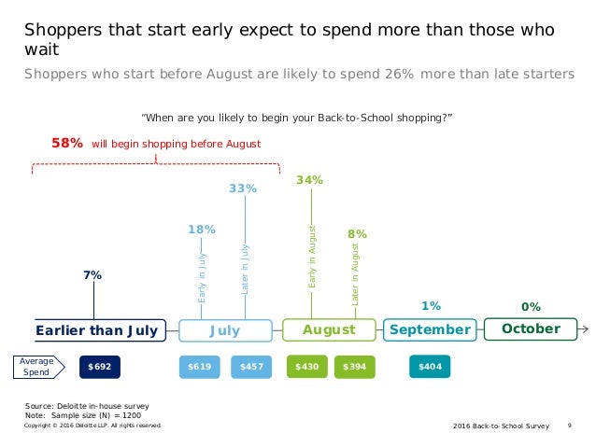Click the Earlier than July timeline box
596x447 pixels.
(96, 330)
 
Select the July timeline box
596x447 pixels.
(224, 330)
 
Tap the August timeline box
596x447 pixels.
(329, 330)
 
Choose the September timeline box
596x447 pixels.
(430, 330)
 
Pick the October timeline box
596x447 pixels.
(530, 329)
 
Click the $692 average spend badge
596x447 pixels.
(100, 368)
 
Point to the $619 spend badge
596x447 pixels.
(199, 368)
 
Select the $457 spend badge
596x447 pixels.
(250, 368)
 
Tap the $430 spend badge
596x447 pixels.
(306, 368)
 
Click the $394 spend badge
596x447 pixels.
(355, 368)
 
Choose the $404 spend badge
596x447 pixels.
(430, 368)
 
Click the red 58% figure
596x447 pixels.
(66, 144)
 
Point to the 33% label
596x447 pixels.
(243, 189)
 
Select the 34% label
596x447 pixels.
(309, 180)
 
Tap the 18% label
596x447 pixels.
(202, 229)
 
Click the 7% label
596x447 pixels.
(92, 275)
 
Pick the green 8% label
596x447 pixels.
(357, 234)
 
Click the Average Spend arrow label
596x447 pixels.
(40, 368)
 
